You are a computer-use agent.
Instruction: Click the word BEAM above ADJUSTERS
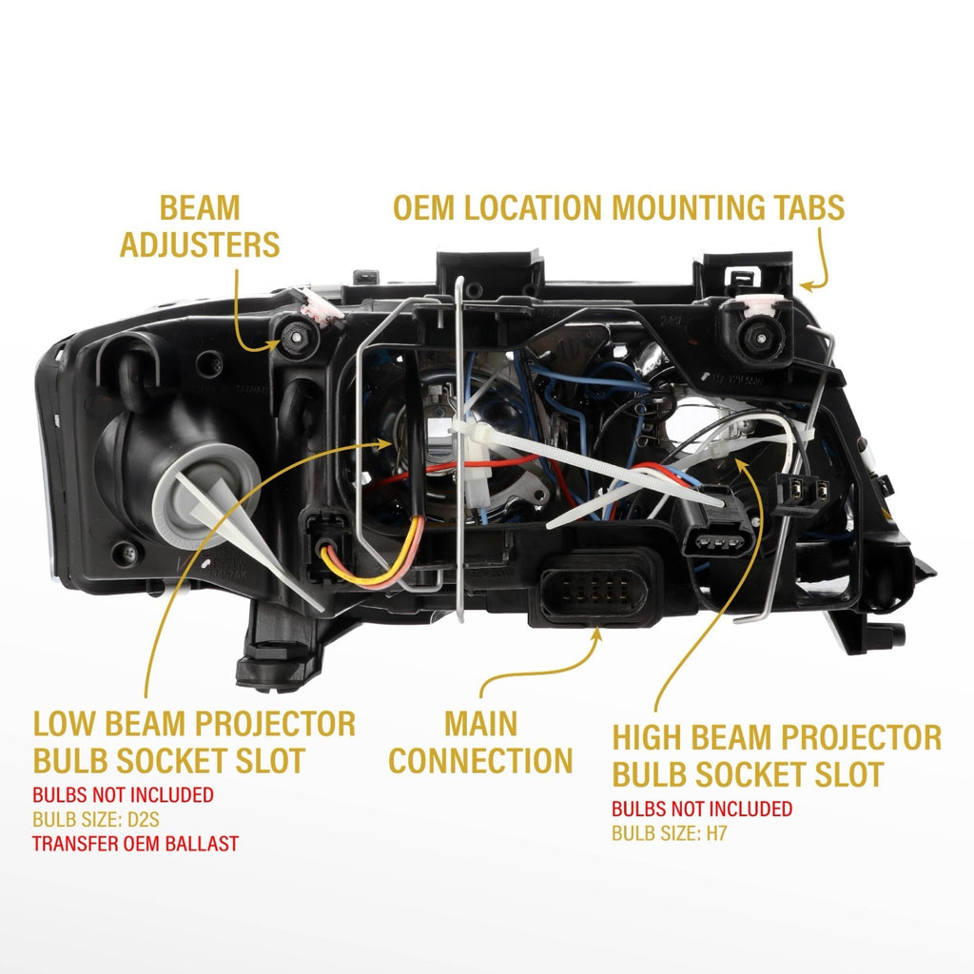pos(200,207)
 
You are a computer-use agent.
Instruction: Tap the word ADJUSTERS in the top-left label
pos(200,244)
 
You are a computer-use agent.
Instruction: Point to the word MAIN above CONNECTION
pos(480,724)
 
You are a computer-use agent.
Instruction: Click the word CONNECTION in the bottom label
pos(480,761)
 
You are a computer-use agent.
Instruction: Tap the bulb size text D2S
pos(144,820)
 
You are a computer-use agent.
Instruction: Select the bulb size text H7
pos(716,833)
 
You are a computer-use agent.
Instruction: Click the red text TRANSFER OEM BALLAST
pos(135,844)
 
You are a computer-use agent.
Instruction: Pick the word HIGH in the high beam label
pos(647,737)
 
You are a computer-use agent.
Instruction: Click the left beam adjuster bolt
pos(297,337)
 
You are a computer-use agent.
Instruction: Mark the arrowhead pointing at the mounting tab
pos(807,286)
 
